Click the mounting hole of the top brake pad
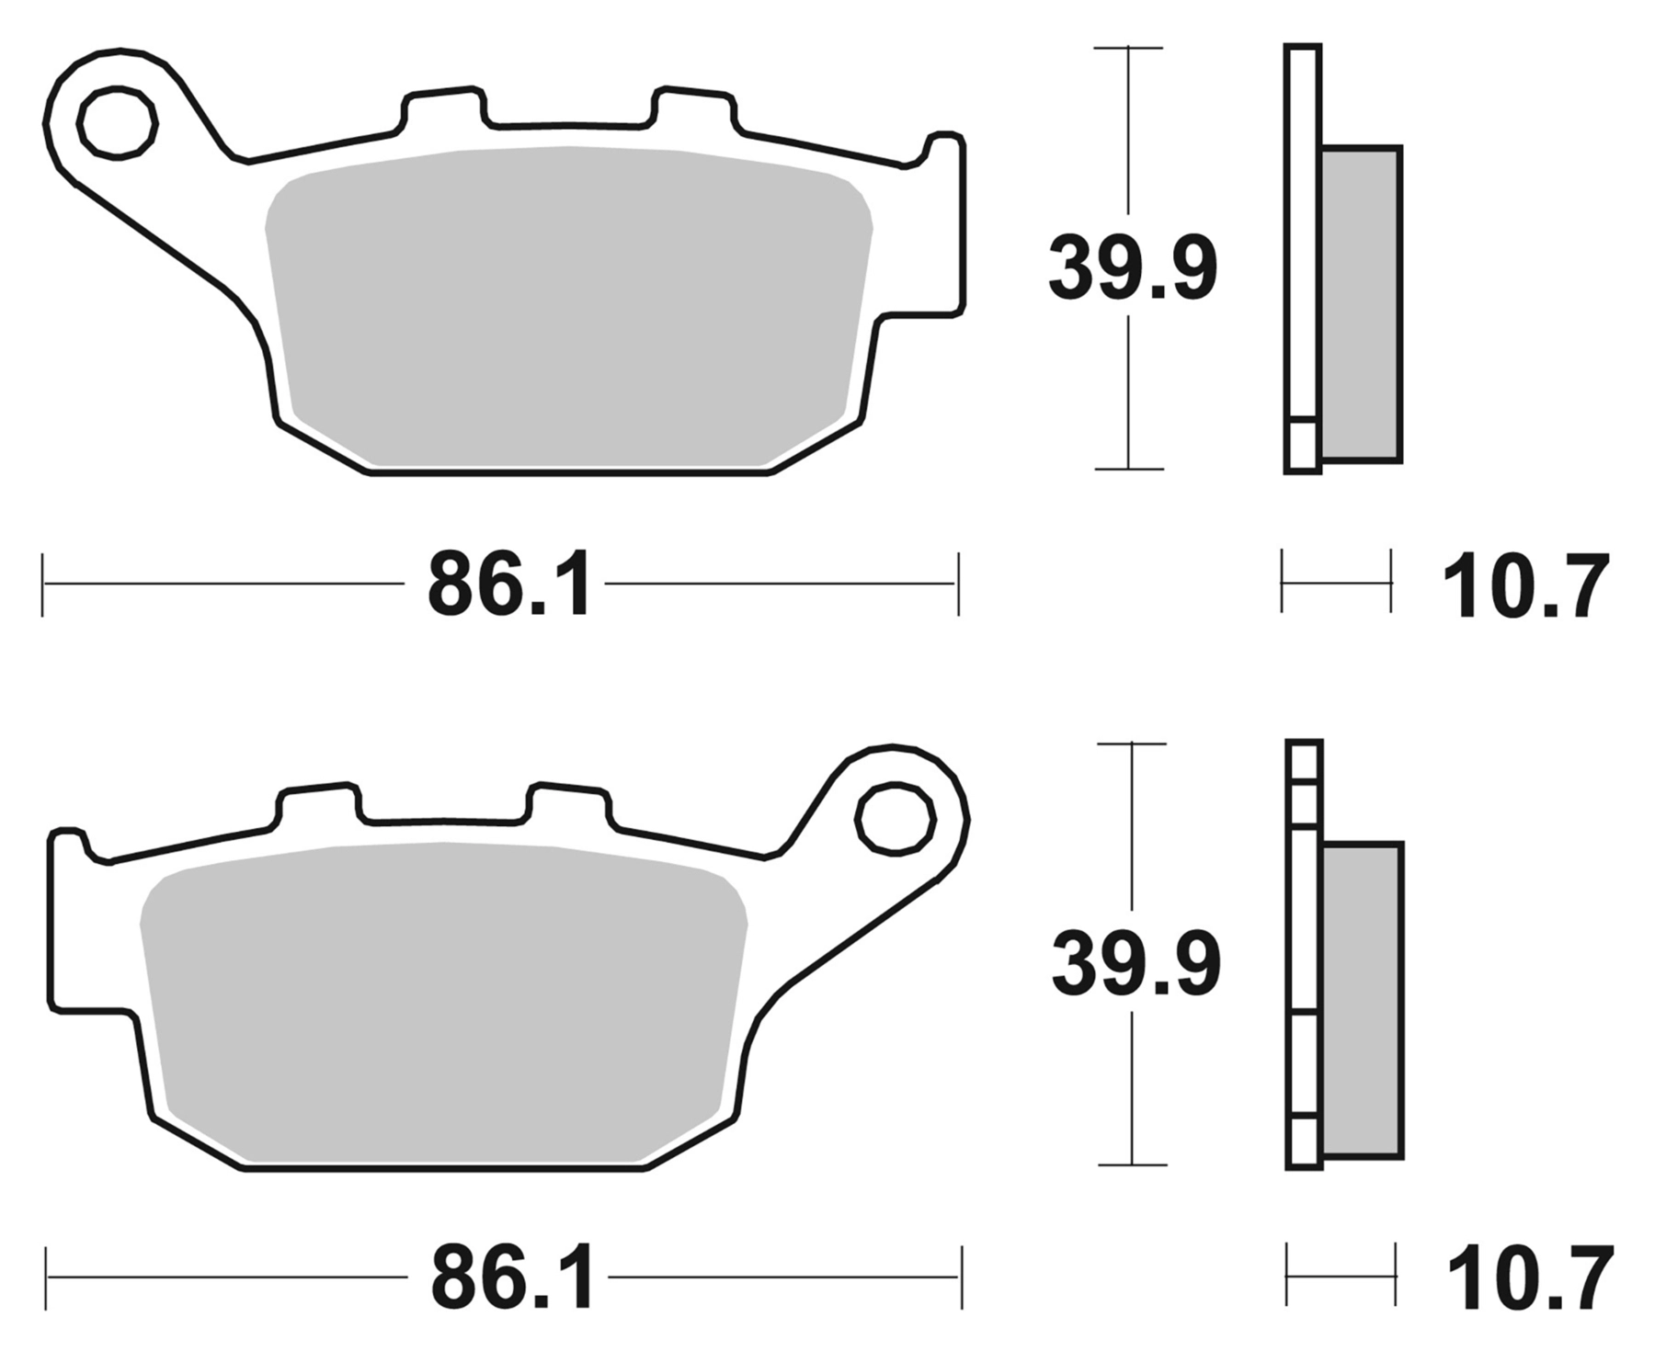click(117, 122)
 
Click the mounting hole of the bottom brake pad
click(894, 819)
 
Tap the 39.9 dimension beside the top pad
click(1132, 267)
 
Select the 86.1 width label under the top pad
click(508, 585)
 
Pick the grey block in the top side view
click(1361, 303)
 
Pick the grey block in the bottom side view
click(1363, 1000)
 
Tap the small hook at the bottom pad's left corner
click(67, 844)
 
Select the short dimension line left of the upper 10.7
click(1336, 583)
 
